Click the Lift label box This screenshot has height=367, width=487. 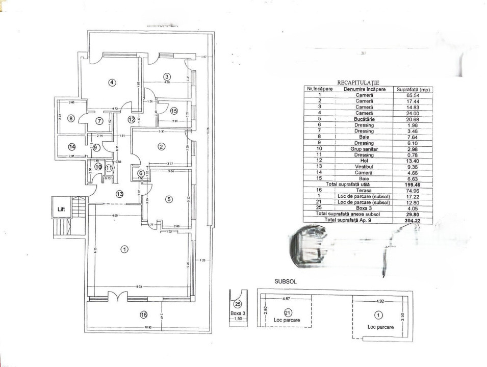pos(62,209)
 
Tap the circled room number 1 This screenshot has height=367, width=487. pos(124,249)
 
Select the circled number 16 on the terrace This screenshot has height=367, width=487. pos(143,314)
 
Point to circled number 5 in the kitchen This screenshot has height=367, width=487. pos(169,199)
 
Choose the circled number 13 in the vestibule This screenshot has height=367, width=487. pos(120,194)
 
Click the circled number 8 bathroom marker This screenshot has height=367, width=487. pos(71,118)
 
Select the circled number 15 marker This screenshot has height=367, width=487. pos(174,111)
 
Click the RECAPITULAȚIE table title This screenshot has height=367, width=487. pos(358,82)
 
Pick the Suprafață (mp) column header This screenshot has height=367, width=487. pos(414,89)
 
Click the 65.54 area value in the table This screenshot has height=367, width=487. pos(414,95)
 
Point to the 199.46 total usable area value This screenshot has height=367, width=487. pos(414,185)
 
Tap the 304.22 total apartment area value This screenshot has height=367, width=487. pos(414,220)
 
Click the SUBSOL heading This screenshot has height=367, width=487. pos(286,281)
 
